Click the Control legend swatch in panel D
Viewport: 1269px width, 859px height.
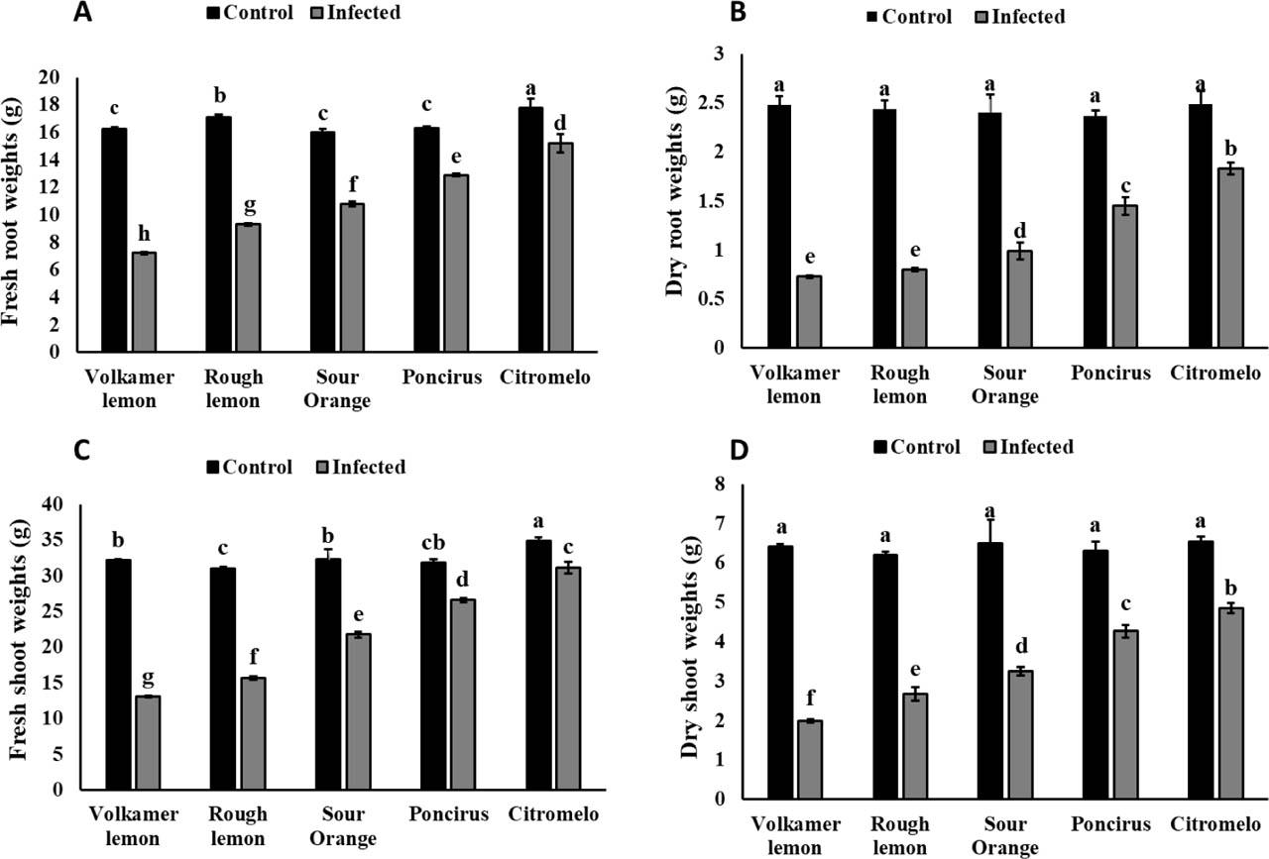[880, 448]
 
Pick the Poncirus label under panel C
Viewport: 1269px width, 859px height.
[446, 814]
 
